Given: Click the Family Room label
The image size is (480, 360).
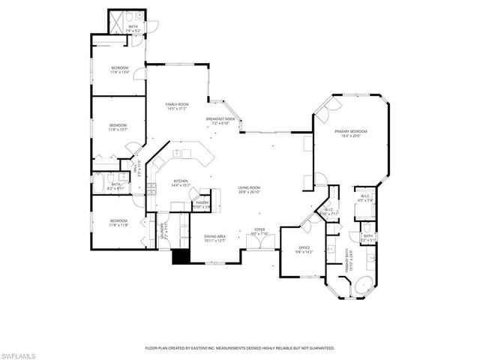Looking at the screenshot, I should pos(178,106).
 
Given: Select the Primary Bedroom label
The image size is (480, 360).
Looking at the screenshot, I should pos(352,133).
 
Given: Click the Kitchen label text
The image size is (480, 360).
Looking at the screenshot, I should pos(181,182).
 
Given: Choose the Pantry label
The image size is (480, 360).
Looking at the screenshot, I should pos(202,204).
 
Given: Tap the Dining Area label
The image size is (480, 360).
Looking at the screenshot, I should pos(215,238).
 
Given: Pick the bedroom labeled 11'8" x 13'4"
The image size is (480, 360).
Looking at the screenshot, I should pos(120,70).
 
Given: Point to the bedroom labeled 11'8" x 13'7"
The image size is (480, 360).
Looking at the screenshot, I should pos(118,127).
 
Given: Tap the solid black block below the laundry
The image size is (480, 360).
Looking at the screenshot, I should pos(180,256).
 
